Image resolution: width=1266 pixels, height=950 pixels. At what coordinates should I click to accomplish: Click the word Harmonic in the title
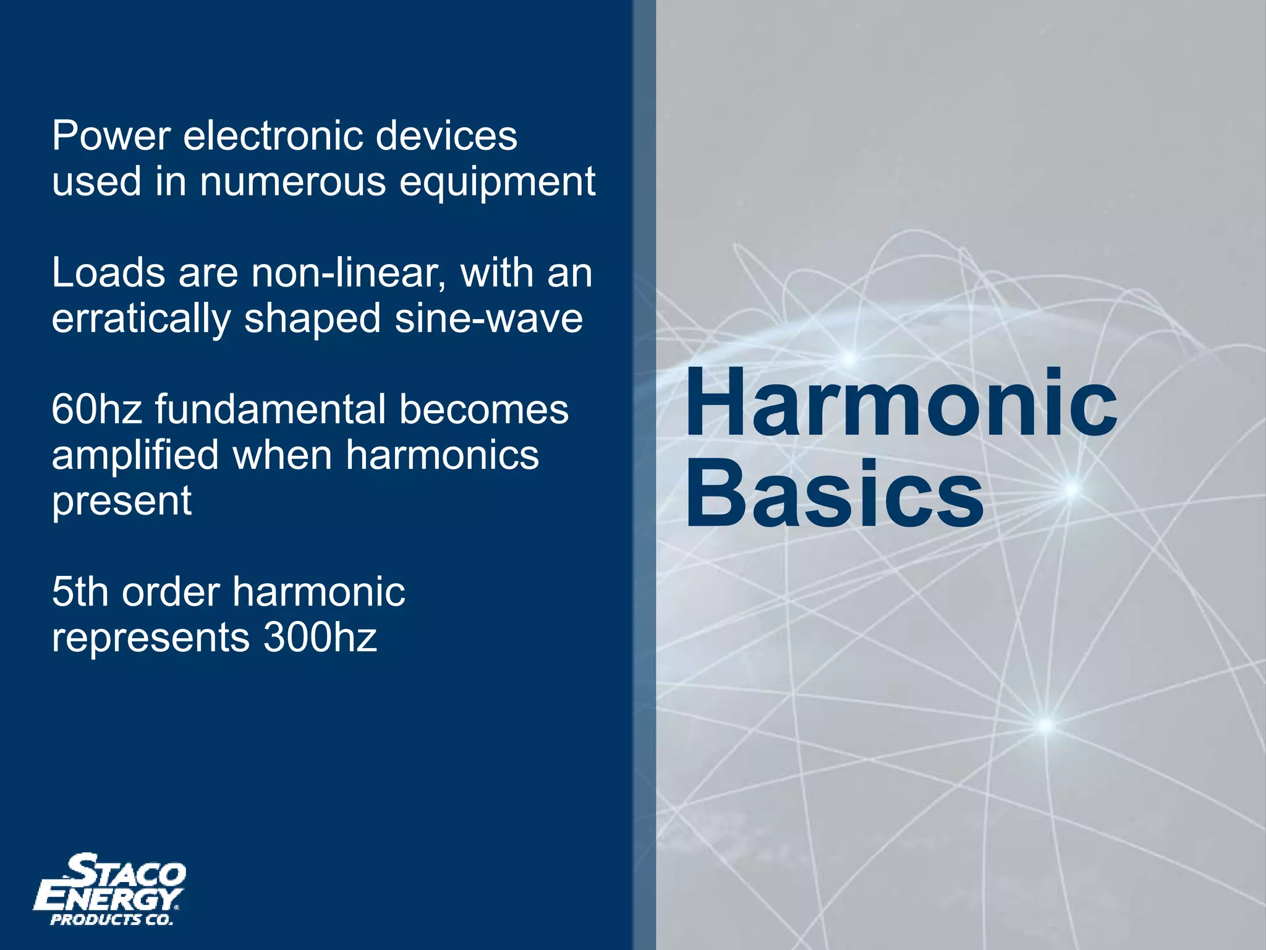click(900, 402)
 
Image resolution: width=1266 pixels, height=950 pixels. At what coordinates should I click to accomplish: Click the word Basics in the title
click(834, 494)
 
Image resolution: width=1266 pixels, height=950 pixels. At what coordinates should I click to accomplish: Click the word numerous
click(292, 182)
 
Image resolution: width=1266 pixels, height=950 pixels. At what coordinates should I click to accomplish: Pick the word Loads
click(108, 273)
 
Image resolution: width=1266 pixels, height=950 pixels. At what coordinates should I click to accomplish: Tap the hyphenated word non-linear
click(348, 273)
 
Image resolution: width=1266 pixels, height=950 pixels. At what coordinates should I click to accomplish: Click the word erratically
click(140, 320)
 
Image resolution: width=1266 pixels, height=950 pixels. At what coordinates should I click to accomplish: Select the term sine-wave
click(489, 319)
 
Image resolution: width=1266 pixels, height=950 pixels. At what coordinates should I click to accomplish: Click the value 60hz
click(97, 409)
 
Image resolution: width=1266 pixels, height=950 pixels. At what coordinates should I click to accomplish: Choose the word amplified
click(135, 456)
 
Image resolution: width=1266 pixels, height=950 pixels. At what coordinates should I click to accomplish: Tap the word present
click(121, 502)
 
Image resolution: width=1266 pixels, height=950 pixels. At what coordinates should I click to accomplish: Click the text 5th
click(80, 592)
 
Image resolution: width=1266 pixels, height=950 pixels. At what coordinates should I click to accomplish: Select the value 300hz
click(320, 637)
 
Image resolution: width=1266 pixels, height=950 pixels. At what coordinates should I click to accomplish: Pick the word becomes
click(483, 409)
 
